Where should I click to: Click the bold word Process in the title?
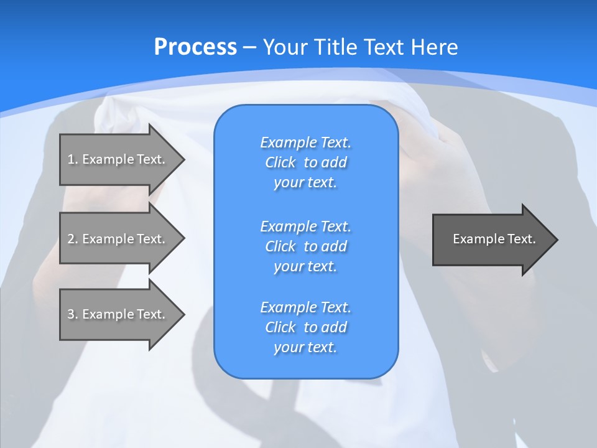point(195,47)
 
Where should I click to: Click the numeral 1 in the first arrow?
point(71,159)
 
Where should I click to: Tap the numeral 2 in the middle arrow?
point(71,239)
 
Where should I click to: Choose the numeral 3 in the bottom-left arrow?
point(71,314)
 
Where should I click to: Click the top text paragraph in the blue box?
point(305,162)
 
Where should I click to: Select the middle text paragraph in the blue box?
point(305,246)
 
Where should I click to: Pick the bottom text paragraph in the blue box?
point(305,327)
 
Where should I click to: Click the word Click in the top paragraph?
point(280,162)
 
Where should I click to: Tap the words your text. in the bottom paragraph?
point(305,347)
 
